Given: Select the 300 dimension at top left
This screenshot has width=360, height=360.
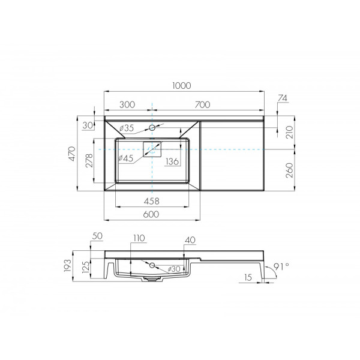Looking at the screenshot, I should point(127,104).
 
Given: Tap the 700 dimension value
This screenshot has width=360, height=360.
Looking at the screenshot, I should point(202,104).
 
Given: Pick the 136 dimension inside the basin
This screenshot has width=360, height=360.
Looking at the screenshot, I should point(173,160).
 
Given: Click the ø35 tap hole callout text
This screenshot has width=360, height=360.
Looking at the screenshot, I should point(126,128).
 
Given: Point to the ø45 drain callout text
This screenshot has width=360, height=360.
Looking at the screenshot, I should point(126,158).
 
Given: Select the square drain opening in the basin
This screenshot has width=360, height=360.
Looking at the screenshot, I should point(152,149).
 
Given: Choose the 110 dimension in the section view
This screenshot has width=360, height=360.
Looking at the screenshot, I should point(140,239).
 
